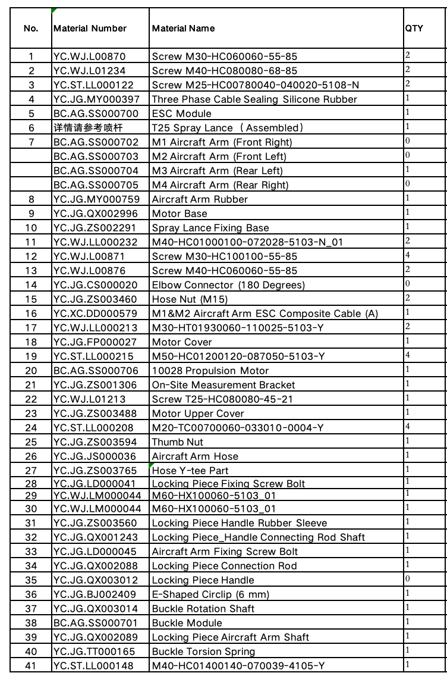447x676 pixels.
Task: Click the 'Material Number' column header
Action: click(90, 28)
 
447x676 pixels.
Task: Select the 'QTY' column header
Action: click(414, 28)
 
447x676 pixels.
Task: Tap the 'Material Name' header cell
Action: click(184, 28)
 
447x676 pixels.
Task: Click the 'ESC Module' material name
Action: click(182, 114)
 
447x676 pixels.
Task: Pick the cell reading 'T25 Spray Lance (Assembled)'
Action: click(228, 128)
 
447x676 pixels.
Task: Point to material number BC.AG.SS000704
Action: click(96, 171)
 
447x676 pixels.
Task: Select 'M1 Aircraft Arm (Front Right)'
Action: click(222, 142)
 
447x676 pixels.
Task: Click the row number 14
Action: click(32, 285)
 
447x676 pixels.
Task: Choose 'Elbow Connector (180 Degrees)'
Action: click(228, 285)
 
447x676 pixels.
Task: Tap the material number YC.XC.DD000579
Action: click(95, 314)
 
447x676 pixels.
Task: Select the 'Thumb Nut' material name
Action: click(178, 442)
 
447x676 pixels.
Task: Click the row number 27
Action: click(32, 471)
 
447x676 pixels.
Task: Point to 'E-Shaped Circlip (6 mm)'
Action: click(210, 594)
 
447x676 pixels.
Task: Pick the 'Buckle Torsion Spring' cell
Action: click(204, 652)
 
